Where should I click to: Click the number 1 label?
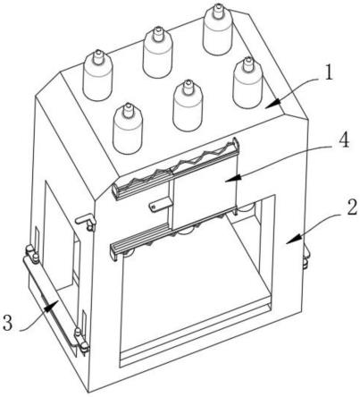point(328,72)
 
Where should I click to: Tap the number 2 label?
point(351,207)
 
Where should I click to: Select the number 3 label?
point(8,323)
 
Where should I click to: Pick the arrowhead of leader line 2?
point(293,240)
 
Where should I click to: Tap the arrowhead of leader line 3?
point(51,306)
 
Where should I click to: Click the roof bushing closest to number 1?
point(247,82)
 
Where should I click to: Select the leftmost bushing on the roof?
point(97,75)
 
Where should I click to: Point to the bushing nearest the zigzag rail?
point(128,129)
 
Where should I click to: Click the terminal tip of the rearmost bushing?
point(218,5)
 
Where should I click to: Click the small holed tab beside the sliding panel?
point(160,205)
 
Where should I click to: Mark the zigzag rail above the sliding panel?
point(176,170)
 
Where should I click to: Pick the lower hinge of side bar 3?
point(81,342)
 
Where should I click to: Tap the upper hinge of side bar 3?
point(32,253)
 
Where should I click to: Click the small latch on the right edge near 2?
point(306,256)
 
